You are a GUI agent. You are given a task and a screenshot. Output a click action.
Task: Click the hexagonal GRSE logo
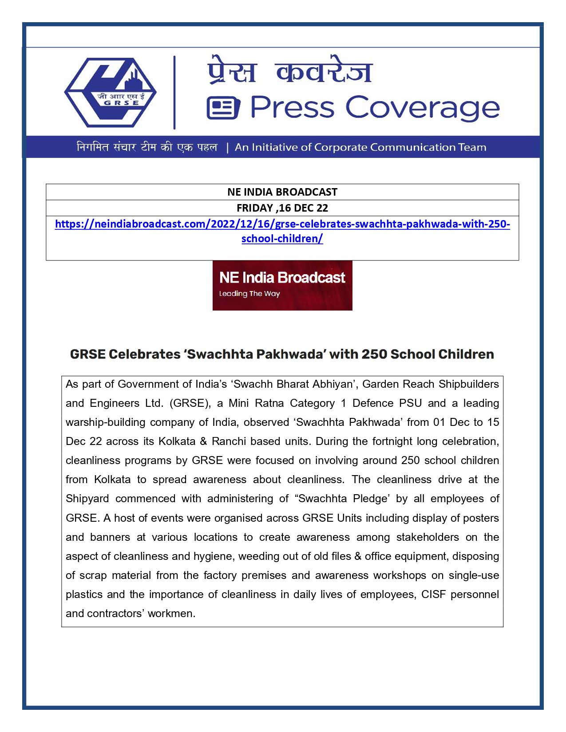[110, 92]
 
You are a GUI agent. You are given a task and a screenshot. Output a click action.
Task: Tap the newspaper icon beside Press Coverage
[223, 108]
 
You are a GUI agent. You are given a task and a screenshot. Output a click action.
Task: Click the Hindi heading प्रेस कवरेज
[290, 71]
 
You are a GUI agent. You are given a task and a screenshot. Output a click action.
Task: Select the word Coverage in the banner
[422, 108]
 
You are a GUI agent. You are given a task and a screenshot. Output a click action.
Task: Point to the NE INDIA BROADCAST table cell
[282, 192]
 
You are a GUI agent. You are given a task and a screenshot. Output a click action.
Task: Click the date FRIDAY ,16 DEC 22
[282, 208]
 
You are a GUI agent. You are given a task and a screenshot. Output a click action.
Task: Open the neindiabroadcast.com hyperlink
[282, 224]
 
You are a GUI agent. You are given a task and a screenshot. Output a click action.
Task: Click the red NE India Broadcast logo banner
[282, 285]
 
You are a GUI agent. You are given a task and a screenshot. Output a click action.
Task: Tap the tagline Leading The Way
[249, 294]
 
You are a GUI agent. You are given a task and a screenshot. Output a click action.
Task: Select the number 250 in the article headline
[374, 354]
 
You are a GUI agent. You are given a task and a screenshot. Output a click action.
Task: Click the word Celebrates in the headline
[145, 354]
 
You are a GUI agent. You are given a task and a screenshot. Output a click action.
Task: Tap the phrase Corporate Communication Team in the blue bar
[400, 147]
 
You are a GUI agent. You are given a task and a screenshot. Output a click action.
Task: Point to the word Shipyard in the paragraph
[87, 499]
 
